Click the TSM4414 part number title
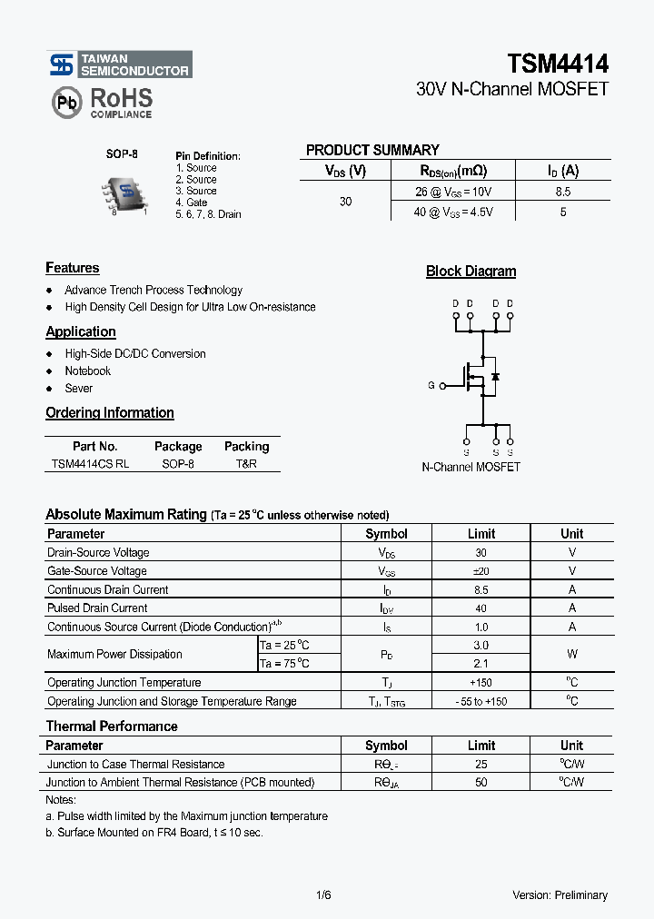click(558, 63)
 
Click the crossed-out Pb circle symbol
click(66, 103)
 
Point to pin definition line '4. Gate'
click(192, 203)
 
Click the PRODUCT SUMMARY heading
click(372, 151)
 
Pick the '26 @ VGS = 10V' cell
click(452, 192)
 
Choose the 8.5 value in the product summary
click(562, 192)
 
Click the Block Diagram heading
click(471, 271)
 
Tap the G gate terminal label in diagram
click(431, 385)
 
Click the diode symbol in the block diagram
click(495, 376)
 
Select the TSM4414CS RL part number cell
click(90, 463)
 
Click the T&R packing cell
click(246, 463)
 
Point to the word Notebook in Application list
click(87, 371)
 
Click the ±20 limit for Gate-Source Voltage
click(481, 571)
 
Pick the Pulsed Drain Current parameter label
click(97, 608)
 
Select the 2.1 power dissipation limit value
click(481, 664)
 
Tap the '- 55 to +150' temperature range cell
click(481, 701)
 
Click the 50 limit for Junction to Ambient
click(481, 782)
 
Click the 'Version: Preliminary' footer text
click(560, 894)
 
